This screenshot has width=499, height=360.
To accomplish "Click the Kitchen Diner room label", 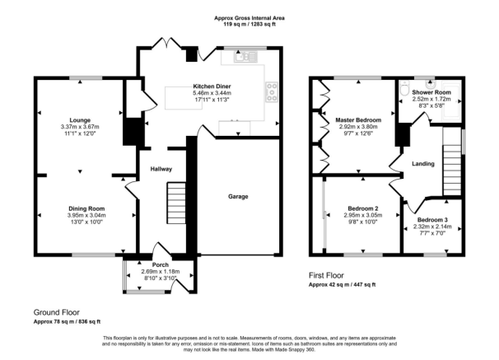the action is [x=212, y=86].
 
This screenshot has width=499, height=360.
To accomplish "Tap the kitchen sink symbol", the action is [x=245, y=58].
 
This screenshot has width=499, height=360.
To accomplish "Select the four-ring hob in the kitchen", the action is [x=272, y=92].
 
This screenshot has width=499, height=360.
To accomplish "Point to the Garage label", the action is [x=238, y=197].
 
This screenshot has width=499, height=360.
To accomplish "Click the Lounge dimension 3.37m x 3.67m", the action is [x=80, y=127].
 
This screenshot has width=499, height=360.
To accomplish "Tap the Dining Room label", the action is [x=86, y=208].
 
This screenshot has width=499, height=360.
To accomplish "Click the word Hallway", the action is [x=161, y=170].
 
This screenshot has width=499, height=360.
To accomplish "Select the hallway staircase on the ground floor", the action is [x=176, y=203].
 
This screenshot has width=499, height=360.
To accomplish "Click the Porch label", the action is [x=161, y=264].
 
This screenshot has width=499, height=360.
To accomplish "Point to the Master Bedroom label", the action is [x=358, y=120].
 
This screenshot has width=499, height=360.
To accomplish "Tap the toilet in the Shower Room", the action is [x=404, y=88].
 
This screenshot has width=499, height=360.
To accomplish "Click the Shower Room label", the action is [x=431, y=92].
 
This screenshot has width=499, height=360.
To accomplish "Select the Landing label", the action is [x=423, y=164].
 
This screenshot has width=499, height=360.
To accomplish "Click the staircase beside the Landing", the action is [x=452, y=169].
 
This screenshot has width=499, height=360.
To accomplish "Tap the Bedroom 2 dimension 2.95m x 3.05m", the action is [x=363, y=216].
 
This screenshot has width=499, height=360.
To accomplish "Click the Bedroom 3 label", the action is [x=432, y=220].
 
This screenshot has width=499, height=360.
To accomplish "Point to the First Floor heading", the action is [x=326, y=275].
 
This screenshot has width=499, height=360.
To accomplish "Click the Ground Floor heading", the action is [x=57, y=312].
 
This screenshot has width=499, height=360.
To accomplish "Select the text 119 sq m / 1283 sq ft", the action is [x=249, y=24].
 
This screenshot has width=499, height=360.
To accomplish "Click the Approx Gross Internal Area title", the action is [x=249, y=18].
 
